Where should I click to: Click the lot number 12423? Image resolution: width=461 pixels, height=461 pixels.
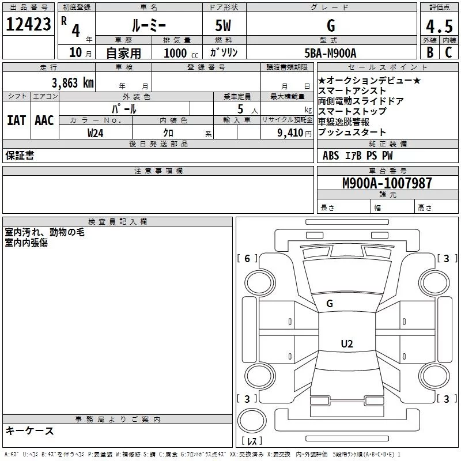coord(28,24)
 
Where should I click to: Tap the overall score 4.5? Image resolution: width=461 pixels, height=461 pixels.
coord(439,26)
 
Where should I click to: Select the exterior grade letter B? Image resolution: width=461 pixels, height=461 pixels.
coord(430,52)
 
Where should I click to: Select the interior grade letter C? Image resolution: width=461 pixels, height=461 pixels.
coord(448,52)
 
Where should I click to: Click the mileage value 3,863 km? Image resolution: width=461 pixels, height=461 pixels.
coord(73,83)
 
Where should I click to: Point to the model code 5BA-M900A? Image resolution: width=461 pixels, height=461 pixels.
coord(330,53)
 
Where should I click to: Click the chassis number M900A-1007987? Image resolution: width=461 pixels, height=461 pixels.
coord(387,183)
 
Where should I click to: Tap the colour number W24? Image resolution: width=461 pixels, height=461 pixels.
coord(95,133)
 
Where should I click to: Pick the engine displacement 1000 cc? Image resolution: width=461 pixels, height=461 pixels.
coord(181,53)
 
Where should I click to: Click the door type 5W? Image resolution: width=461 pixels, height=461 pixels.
coord(223,25)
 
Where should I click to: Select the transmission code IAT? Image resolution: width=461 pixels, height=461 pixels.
coord(16,120)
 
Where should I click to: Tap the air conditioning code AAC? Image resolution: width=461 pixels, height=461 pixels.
coord(44,120)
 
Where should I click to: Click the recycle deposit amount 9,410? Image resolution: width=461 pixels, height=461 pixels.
coord(290,133)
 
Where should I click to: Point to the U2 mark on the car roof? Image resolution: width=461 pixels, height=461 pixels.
coord(347,343)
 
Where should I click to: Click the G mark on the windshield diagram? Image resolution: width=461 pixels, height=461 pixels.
coord(330,304)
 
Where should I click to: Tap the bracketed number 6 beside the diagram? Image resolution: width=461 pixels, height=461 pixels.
coord(247,258)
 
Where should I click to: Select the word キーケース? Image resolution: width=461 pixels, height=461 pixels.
coord(30,430)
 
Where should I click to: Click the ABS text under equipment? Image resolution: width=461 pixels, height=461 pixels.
coord(331,156)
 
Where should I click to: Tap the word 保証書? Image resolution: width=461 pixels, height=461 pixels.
coord(20,155)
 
